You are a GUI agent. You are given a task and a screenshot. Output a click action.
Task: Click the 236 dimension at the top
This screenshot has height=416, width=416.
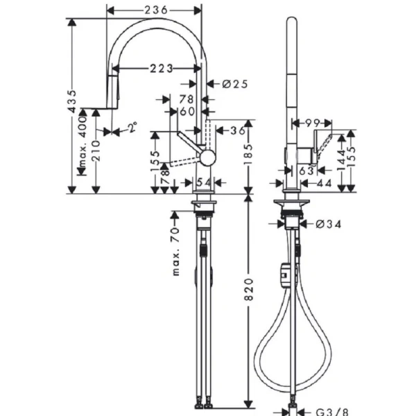[x=154, y=10]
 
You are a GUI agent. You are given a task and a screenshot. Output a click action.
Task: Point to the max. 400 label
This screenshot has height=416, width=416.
[x=83, y=142]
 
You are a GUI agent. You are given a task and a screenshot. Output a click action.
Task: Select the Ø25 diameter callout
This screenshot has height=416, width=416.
[x=235, y=84]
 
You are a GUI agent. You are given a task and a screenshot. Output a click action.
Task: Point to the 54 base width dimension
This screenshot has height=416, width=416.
[x=203, y=182]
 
